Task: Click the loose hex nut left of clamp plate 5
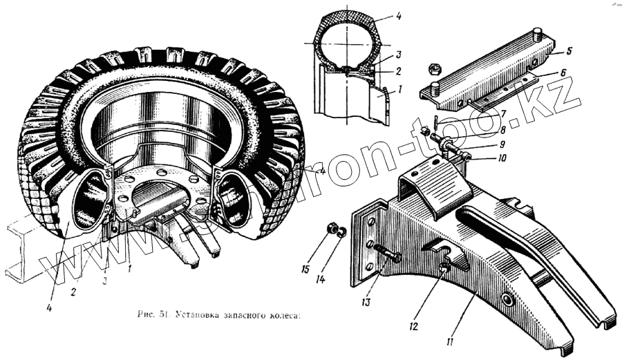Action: click(x=436, y=68)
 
